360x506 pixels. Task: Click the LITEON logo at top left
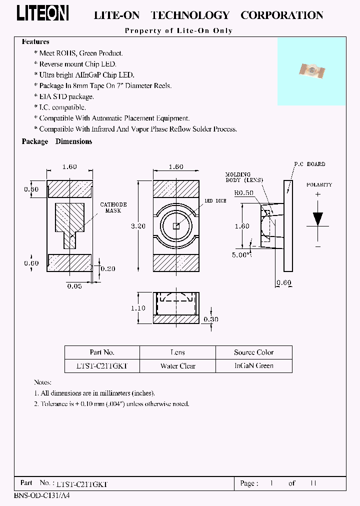(42, 14)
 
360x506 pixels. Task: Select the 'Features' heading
(35, 42)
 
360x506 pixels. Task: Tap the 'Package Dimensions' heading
(56, 141)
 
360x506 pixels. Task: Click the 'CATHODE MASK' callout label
(113, 207)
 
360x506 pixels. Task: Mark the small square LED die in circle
(176, 226)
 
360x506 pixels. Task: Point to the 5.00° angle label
(242, 254)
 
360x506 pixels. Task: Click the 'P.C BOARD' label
(309, 164)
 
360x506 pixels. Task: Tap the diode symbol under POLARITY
(317, 219)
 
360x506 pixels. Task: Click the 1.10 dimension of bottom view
(137, 308)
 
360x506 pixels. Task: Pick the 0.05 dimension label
(74, 285)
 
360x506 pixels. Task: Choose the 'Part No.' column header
(102, 352)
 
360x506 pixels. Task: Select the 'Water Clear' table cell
(177, 366)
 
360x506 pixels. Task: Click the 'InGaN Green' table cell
(254, 366)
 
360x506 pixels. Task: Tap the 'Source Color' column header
(254, 352)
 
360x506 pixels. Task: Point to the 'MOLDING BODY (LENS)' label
(244, 177)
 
